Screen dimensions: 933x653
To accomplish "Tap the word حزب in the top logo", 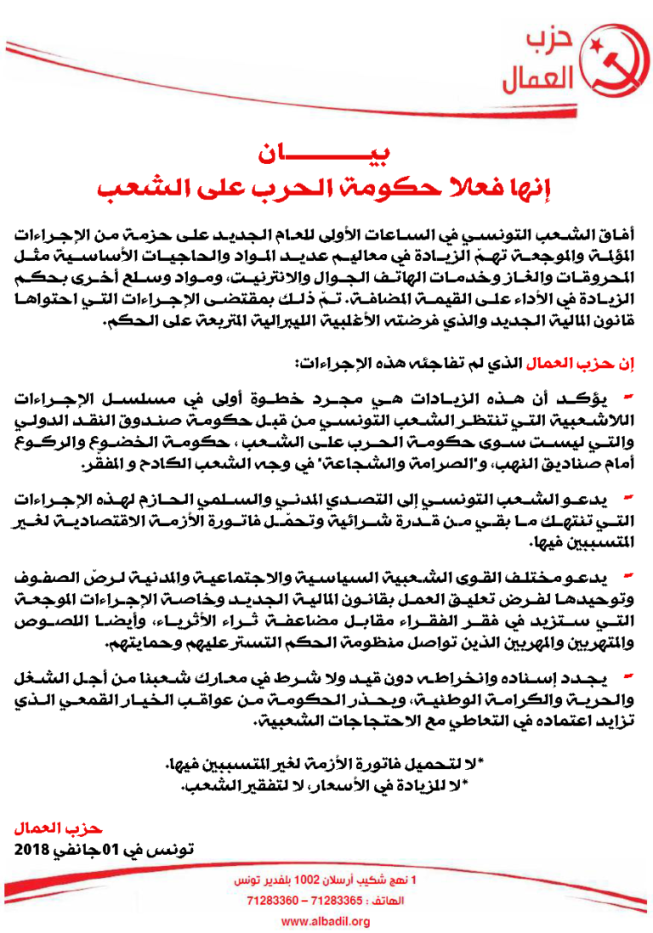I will [546, 42].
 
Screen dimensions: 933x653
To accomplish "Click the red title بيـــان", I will [326, 155].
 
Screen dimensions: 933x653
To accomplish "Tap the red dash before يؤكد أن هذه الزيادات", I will [627, 396].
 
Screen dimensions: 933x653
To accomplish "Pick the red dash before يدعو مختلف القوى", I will [627, 577].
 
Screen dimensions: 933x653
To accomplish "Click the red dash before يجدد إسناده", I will [627, 675].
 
